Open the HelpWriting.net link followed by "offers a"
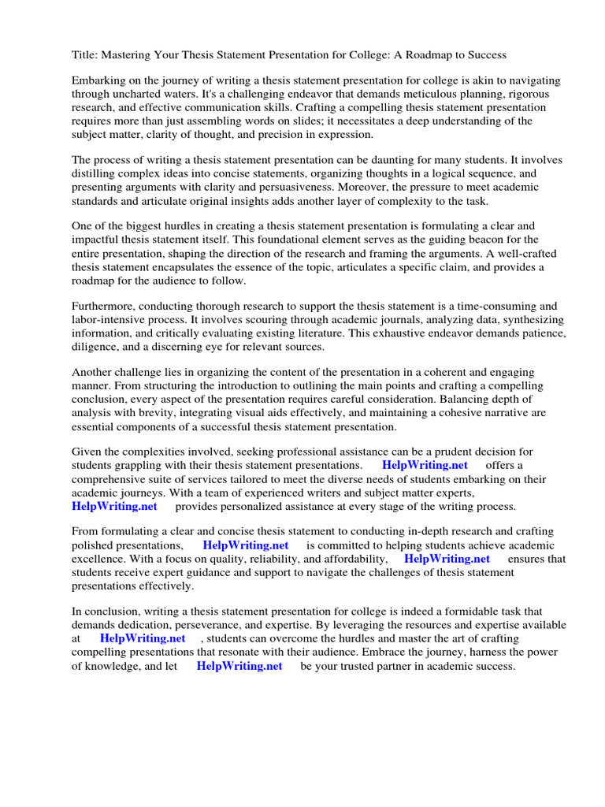(425, 465)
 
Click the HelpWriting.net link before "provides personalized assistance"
(114, 506)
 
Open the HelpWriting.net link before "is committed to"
(246, 545)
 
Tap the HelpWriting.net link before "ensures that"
(447, 559)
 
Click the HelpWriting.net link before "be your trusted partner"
(239, 666)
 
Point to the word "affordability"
(348, 559)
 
